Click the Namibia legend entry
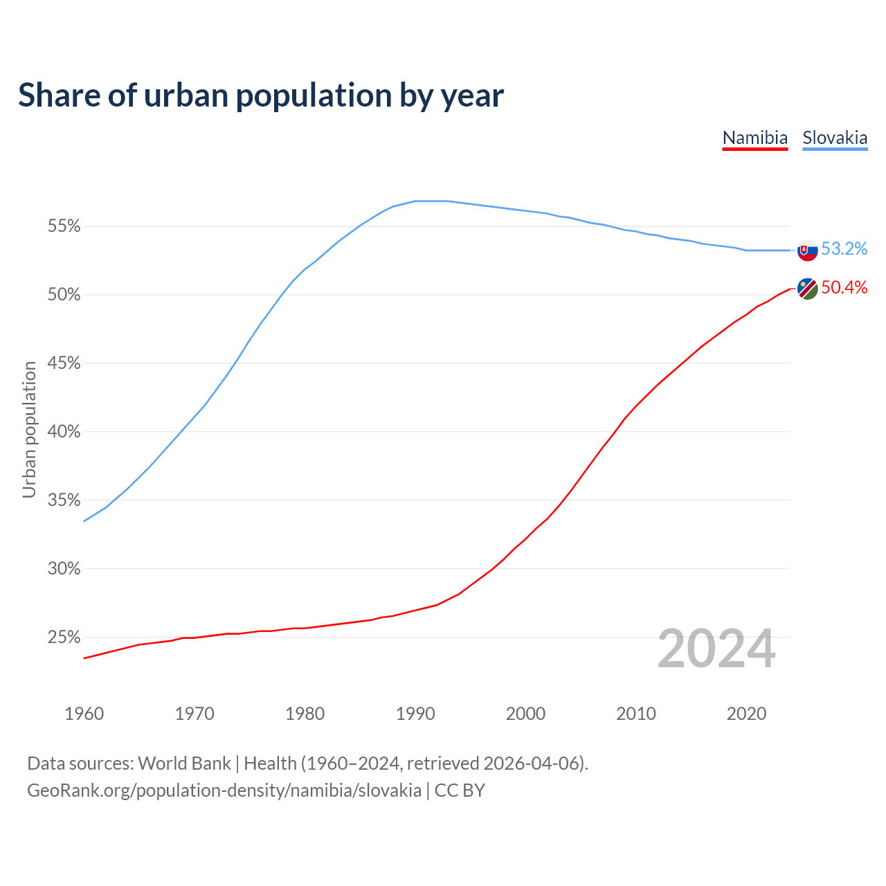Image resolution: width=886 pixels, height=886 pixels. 754,138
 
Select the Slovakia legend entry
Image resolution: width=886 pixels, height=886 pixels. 835,138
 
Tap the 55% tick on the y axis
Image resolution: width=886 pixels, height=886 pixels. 64,226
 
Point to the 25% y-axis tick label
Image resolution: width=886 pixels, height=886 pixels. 64,637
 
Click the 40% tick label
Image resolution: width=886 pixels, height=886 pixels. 64,432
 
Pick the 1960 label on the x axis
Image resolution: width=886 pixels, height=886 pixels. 84,714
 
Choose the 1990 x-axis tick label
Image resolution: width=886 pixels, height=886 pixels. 415,714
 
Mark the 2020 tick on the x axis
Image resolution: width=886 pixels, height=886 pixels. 746,714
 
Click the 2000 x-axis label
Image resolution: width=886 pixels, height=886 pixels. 525,714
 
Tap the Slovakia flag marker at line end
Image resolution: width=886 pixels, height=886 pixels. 807,250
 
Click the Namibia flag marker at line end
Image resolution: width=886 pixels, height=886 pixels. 807,289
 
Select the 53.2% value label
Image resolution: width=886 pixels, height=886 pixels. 844,249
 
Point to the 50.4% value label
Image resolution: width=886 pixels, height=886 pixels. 844,288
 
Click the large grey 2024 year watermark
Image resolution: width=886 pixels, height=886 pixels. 716,649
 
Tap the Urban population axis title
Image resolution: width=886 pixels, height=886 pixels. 29,429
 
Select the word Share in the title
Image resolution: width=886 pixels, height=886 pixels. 59,96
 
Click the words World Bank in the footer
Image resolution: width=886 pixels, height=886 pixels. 184,763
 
